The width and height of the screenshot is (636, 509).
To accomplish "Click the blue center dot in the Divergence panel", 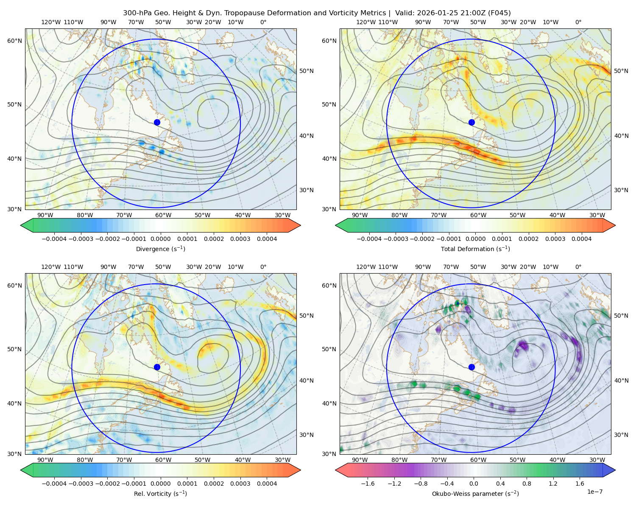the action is pos(157,123).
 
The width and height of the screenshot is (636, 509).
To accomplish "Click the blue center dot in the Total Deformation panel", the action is pos(471,123).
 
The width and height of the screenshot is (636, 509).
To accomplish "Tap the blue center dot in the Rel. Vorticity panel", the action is pos(157,367).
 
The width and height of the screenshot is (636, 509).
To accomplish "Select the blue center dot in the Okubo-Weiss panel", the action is pos(471,367).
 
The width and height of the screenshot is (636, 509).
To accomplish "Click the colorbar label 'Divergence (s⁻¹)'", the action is pos(160,249).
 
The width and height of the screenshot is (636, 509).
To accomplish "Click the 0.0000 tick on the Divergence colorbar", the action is pos(160,239).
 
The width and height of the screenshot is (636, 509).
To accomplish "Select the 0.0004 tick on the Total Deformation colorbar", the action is pos(582,239).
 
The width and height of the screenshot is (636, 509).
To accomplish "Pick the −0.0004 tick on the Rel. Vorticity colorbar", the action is pos(54,484).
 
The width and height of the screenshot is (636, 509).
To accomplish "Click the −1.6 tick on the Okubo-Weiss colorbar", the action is pos(368,484).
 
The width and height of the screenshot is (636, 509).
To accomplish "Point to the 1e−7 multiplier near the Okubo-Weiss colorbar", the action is pos(594,492).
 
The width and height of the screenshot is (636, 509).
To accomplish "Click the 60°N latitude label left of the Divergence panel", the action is pos(14,41).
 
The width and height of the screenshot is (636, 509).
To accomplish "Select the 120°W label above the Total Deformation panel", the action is pos(366,22).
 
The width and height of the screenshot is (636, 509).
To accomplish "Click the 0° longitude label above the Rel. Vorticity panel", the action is pos(263,267).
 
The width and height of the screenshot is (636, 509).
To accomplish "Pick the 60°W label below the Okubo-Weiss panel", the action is pos(478,460).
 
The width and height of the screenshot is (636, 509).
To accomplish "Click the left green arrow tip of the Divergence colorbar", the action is pos(21,225).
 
